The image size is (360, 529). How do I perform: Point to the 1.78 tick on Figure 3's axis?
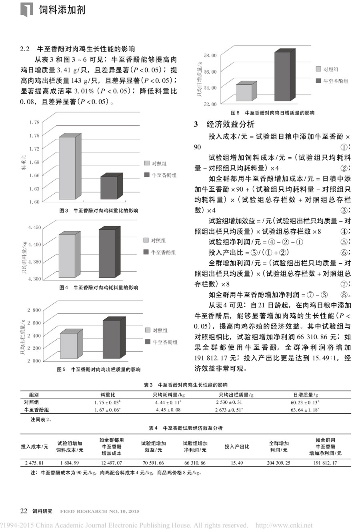coord(34,122)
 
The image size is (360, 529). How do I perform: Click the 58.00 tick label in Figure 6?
coord(210,55)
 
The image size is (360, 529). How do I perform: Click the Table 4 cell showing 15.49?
coord(237,463)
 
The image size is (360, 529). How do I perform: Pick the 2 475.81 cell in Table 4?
coord(34,463)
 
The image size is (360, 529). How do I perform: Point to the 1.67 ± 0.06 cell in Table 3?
coord(108,410)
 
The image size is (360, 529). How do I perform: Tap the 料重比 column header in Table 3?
coord(108,395)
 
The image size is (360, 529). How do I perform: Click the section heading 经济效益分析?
coord(230,124)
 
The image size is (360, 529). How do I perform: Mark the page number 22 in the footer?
coord(24,511)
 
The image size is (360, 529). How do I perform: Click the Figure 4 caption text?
coord(98,288)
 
